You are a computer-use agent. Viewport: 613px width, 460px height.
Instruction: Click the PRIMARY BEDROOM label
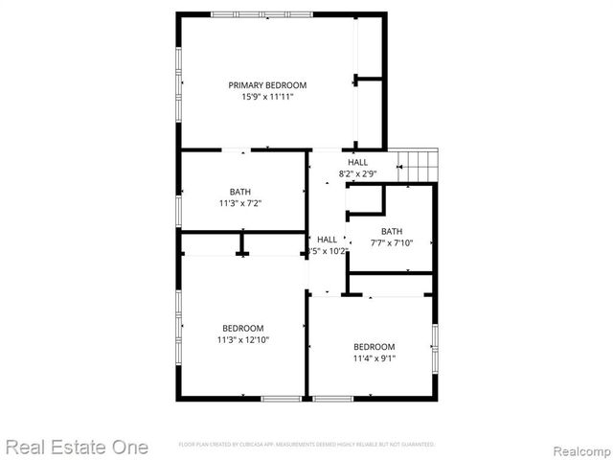pyautogui.click(x=267, y=85)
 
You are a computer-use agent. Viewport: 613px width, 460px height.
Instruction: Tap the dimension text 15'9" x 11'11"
pyautogui.click(x=267, y=97)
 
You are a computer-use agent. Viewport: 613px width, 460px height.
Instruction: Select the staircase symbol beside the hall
pyautogui.click(x=418, y=165)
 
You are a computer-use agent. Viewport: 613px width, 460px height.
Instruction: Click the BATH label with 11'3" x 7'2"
pyautogui.click(x=240, y=192)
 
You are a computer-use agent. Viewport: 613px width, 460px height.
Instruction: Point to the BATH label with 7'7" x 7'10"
pyautogui.click(x=392, y=231)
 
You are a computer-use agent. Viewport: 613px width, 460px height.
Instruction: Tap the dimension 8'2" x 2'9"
pyautogui.click(x=357, y=173)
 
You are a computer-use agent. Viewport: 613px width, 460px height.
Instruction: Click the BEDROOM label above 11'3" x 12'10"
pyautogui.click(x=242, y=328)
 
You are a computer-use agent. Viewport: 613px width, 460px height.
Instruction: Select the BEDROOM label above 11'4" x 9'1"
pyautogui.click(x=374, y=347)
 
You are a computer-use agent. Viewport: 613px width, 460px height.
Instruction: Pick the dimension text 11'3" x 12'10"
pyautogui.click(x=242, y=339)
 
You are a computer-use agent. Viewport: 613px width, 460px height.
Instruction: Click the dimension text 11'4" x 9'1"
pyautogui.click(x=374, y=358)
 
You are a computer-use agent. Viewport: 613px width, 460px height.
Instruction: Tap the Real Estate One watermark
pyautogui.click(x=77, y=447)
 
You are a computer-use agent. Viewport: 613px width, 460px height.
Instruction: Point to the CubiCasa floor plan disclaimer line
pyautogui.click(x=306, y=445)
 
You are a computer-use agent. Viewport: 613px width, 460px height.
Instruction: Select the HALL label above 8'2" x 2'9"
pyautogui.click(x=357, y=162)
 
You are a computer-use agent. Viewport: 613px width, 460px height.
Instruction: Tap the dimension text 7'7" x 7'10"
pyautogui.click(x=392, y=242)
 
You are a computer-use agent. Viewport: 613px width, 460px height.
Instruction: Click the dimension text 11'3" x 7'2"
pyautogui.click(x=240, y=203)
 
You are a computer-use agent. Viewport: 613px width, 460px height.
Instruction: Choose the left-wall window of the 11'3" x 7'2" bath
pyautogui.click(x=178, y=208)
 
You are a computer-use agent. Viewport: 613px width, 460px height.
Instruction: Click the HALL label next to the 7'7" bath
pyautogui.click(x=327, y=240)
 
